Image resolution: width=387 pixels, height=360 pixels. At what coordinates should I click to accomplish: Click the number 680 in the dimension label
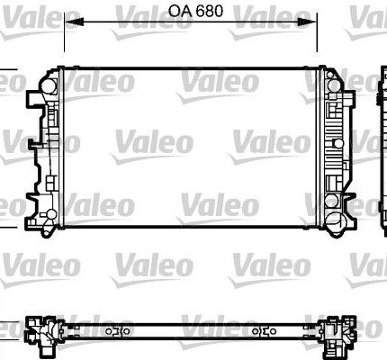pyautogui.click(x=210, y=11)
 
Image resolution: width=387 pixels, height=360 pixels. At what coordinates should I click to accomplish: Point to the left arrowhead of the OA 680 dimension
pyautogui.click(x=74, y=22)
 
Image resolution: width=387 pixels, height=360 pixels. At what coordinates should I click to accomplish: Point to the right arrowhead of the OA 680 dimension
pyautogui.click(x=307, y=22)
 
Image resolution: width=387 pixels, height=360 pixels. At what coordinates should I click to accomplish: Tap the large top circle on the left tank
pyautogui.click(x=48, y=86)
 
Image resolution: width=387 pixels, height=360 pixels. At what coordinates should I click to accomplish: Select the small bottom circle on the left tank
pyautogui.click(x=51, y=214)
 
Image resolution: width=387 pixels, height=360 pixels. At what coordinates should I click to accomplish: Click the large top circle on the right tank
pyautogui.click(x=334, y=85)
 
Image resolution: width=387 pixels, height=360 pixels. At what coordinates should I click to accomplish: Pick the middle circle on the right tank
pyautogui.click(x=338, y=143)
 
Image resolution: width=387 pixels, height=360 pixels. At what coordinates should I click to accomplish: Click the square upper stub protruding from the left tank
pyautogui.click(x=33, y=99)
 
